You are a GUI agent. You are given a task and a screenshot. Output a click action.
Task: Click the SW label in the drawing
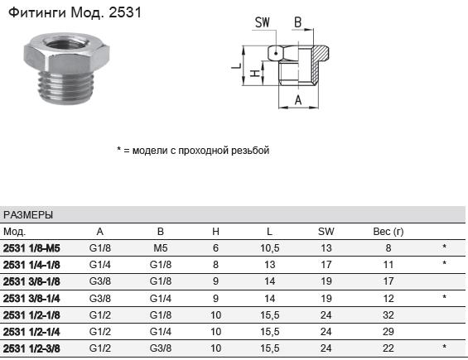tap(263, 22)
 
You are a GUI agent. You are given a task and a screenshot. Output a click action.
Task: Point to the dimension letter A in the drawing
tap(298, 100)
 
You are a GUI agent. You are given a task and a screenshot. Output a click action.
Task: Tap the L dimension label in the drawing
tap(236, 65)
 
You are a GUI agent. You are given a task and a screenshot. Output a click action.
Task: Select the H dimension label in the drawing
tap(254, 74)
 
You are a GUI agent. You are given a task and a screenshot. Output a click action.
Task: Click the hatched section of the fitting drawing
tap(319, 64)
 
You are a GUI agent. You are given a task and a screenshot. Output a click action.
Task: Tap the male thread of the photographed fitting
tap(66, 87)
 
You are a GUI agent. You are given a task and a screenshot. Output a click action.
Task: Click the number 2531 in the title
tap(125, 12)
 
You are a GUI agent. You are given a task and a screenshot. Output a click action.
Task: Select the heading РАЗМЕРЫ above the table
tap(28, 214)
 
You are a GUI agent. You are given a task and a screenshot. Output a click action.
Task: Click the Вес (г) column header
tap(388, 232)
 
